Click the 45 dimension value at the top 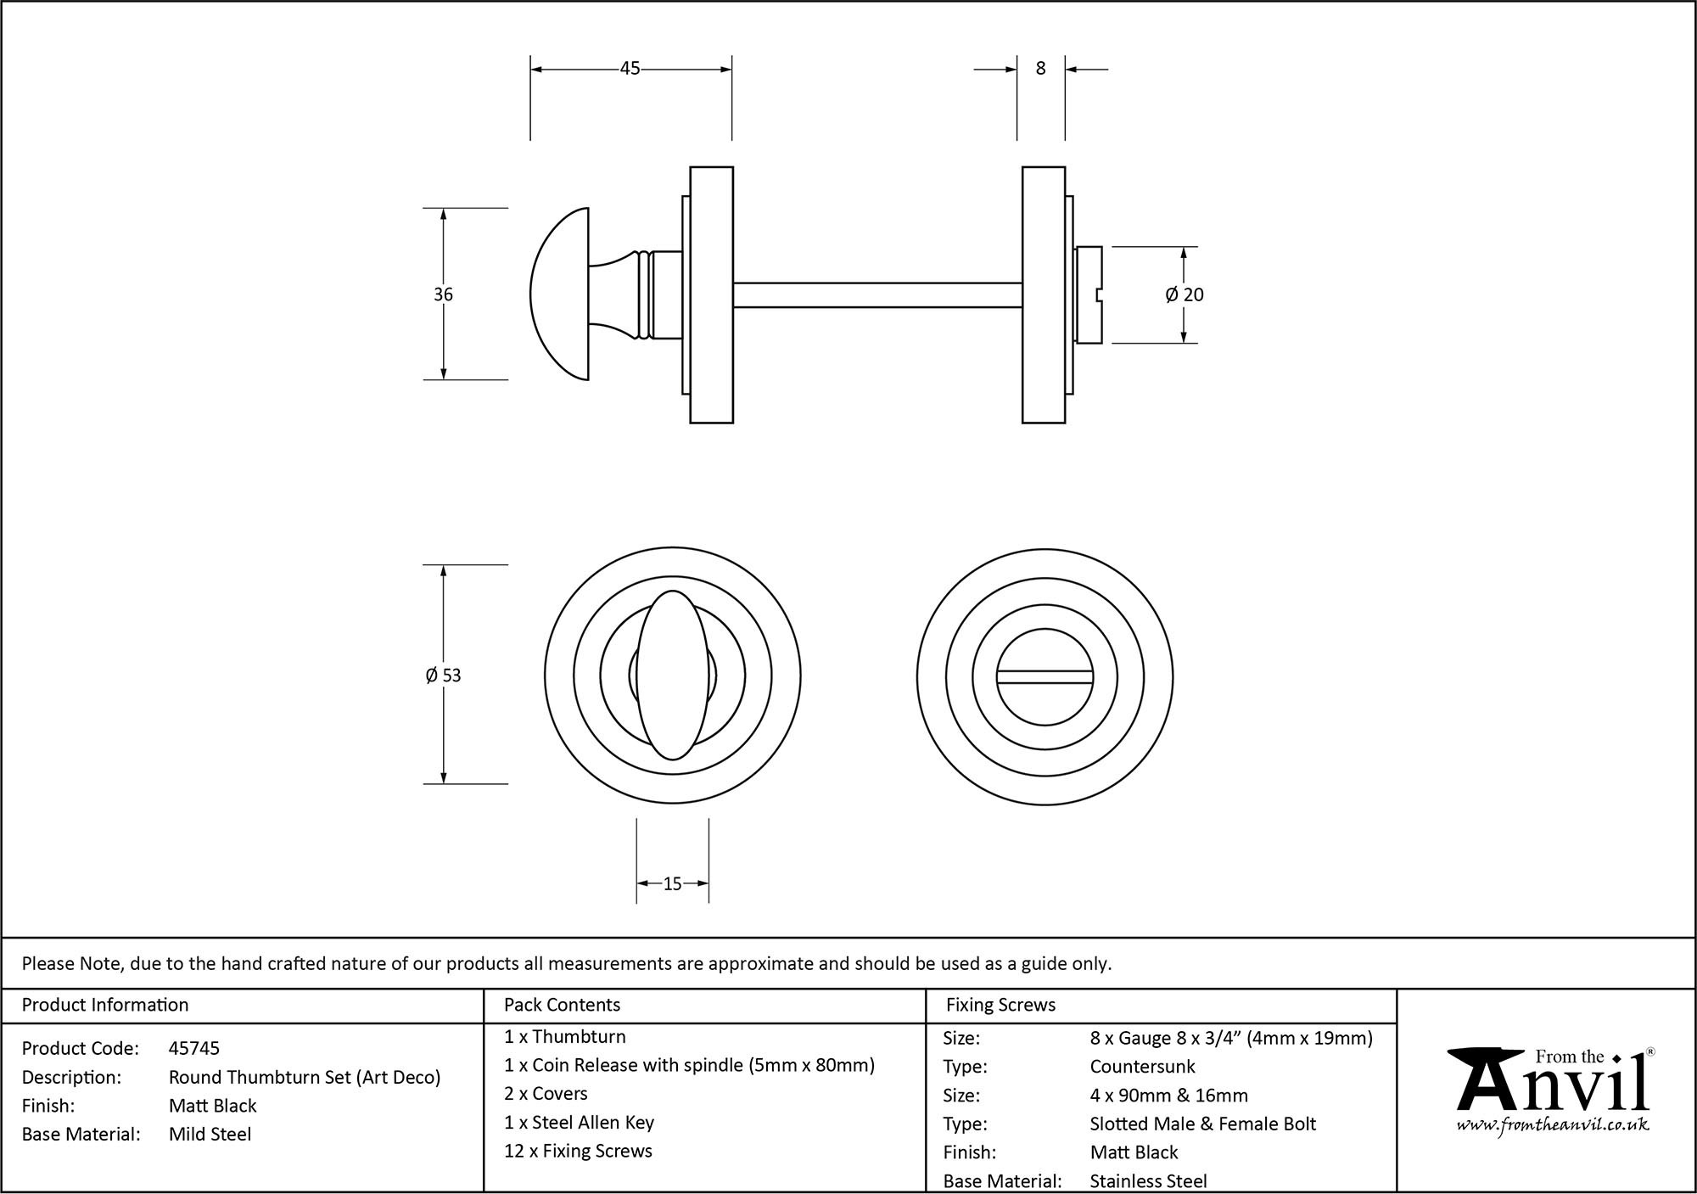pos(630,69)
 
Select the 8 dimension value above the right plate pos(1041,69)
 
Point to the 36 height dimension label pos(443,294)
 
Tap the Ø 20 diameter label pos(1185,294)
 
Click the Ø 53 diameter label pos(443,675)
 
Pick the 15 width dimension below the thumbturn pos(672,884)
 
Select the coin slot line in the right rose pos(1045,676)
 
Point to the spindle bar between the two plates pos(877,294)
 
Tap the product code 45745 pos(194,1048)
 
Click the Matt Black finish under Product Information pos(212,1106)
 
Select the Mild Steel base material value pos(210,1135)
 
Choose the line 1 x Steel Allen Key pos(579,1123)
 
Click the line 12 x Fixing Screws pos(578,1152)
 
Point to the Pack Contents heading pos(562,1005)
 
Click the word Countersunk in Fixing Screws pos(1142,1067)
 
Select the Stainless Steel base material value pos(1148,1180)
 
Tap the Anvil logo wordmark pos(1553,1087)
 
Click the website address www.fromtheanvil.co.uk pos(1553,1125)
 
